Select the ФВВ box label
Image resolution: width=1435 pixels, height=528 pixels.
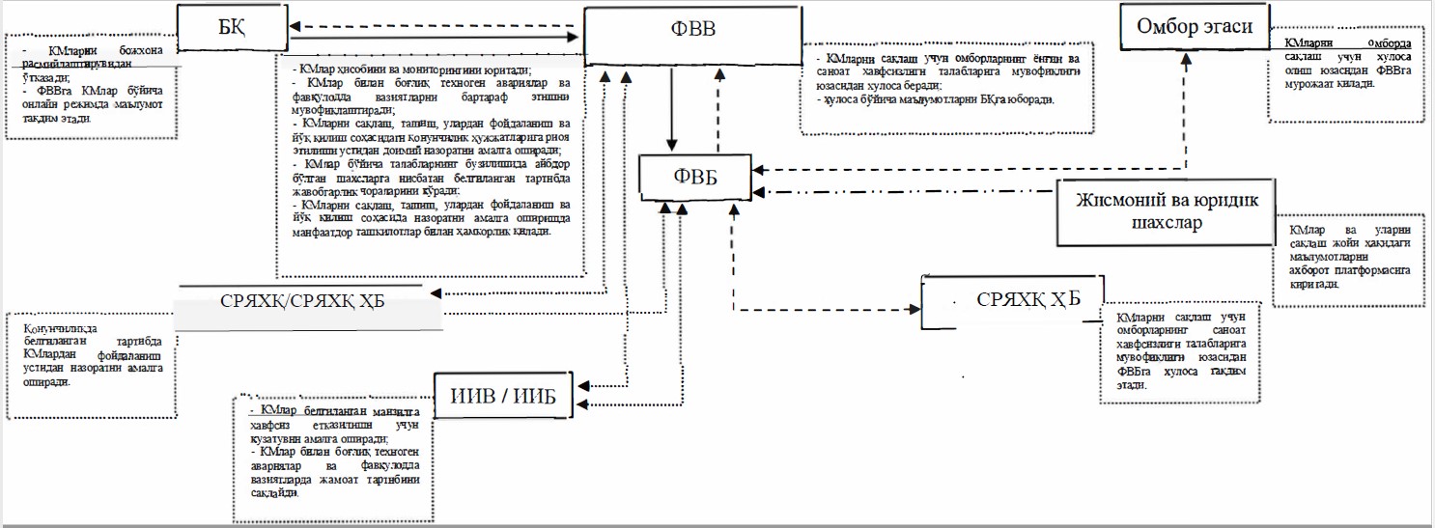[x=692, y=29]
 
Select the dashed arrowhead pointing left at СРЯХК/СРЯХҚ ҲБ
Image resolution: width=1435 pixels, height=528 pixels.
[x=436, y=292]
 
